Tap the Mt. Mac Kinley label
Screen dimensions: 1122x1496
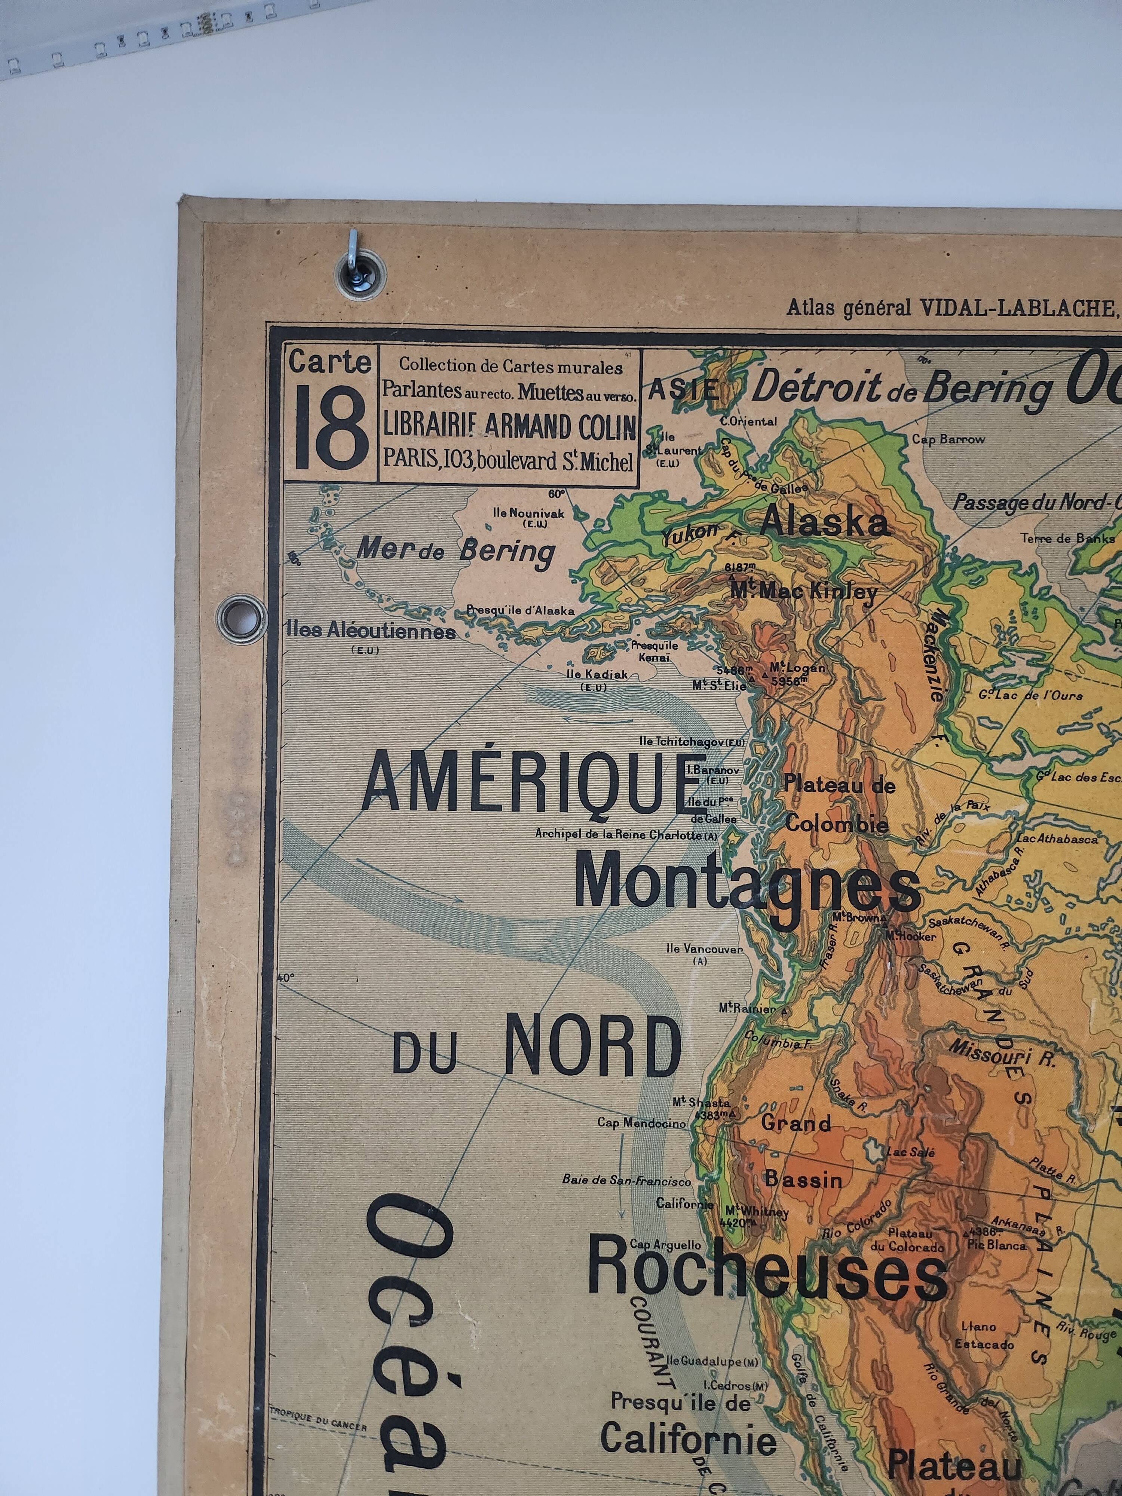(x=803, y=592)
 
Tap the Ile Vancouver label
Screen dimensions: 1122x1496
(x=703, y=949)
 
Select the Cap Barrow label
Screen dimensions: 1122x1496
(x=948, y=439)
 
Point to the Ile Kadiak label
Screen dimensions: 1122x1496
(x=597, y=674)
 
